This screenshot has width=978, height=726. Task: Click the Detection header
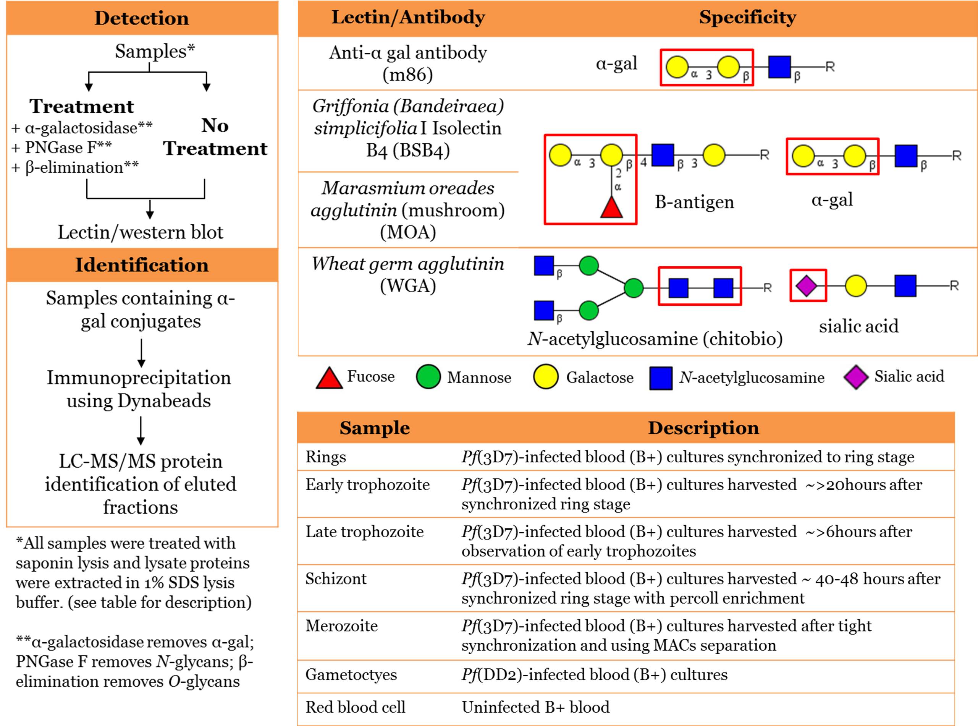(141, 18)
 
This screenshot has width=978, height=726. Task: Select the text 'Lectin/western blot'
(141, 232)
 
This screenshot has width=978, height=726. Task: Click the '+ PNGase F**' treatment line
(61, 147)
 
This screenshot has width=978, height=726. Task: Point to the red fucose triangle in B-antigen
(611, 207)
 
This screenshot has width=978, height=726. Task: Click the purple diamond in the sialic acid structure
(807, 286)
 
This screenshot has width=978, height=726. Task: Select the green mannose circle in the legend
(428, 377)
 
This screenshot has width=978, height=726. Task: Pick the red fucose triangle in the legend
(329, 378)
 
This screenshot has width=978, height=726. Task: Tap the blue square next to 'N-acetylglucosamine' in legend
(661, 378)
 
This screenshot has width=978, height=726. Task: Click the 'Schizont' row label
(336, 579)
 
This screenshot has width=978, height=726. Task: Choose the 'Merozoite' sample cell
(342, 626)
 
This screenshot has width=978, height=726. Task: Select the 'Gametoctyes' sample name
(351, 674)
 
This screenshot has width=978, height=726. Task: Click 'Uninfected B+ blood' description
(535, 707)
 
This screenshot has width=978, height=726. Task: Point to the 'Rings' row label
(326, 457)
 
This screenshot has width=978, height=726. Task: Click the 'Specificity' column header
(747, 18)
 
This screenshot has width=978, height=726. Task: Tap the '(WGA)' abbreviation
(408, 286)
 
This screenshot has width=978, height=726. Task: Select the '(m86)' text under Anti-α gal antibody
(408, 75)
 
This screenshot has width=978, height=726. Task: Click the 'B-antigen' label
(694, 202)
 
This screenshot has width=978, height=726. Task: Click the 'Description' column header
(703, 428)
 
